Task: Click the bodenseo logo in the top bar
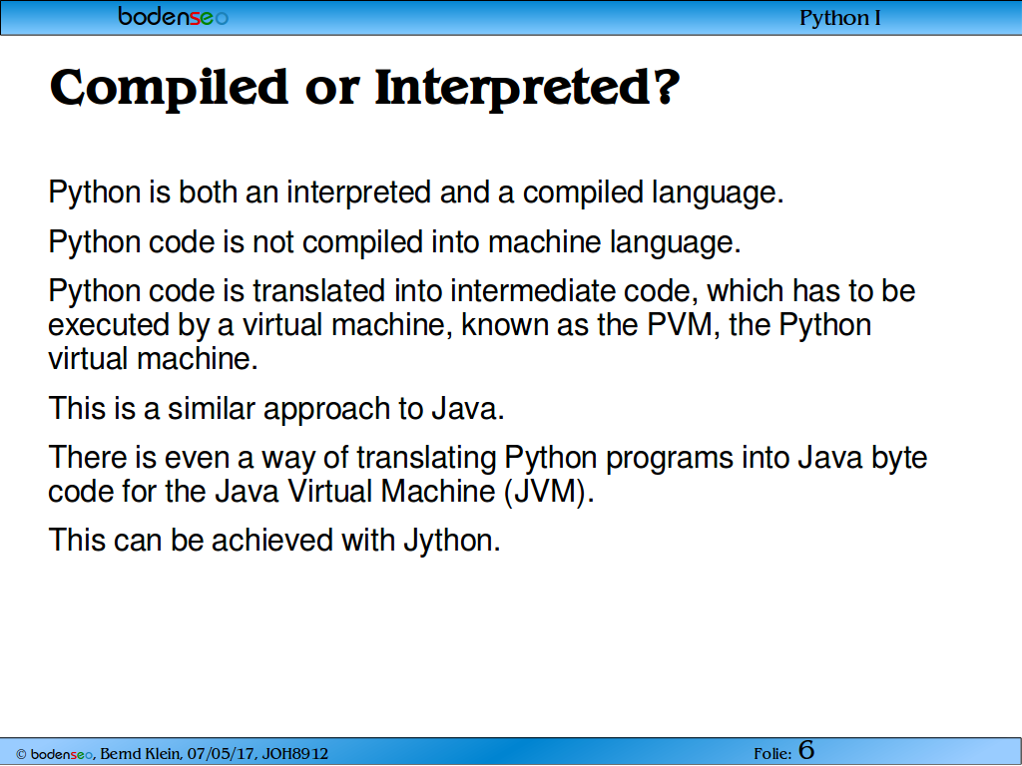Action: (x=174, y=16)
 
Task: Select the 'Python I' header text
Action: (x=840, y=18)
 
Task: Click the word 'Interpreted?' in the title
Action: (x=527, y=88)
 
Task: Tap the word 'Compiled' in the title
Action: (x=168, y=88)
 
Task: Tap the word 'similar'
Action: (x=212, y=409)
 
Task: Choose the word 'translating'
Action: (x=426, y=459)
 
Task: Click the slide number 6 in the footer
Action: (x=806, y=750)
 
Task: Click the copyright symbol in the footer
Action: (x=21, y=755)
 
